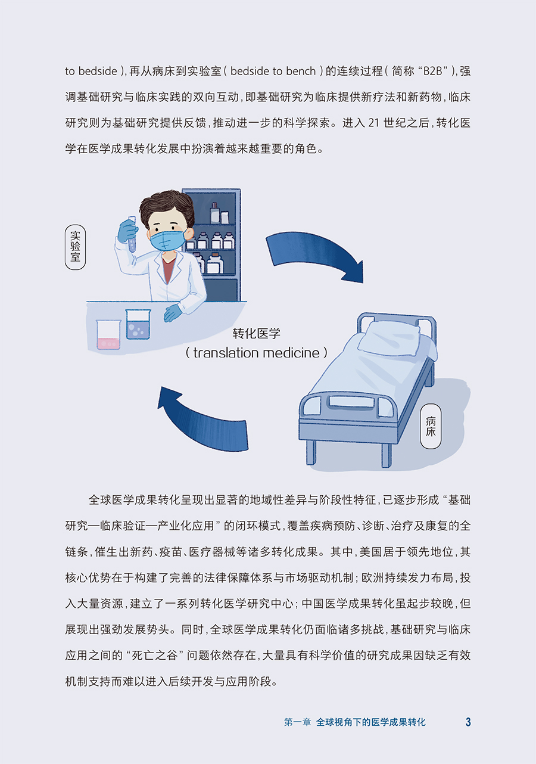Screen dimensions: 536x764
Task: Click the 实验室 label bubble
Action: click(x=75, y=247)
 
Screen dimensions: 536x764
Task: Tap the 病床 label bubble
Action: click(x=431, y=426)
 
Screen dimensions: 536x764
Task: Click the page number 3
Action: click(x=468, y=722)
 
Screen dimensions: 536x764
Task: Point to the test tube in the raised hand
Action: click(x=132, y=234)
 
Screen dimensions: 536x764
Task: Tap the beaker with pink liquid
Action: click(x=108, y=335)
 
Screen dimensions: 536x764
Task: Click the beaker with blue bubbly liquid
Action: click(x=138, y=324)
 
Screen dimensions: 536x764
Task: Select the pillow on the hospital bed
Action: click(x=392, y=338)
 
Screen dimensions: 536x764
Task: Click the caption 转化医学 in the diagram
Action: click(x=256, y=333)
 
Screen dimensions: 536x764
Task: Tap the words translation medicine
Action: click(x=256, y=353)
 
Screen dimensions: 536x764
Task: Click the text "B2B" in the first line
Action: click(x=435, y=72)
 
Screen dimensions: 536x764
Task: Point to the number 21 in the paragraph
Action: click(x=373, y=123)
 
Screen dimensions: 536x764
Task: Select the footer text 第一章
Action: click(x=297, y=722)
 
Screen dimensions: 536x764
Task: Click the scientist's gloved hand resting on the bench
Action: click(x=173, y=312)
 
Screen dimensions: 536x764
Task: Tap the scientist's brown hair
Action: click(x=166, y=206)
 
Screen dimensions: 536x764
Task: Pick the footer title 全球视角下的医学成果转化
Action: click(x=371, y=722)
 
